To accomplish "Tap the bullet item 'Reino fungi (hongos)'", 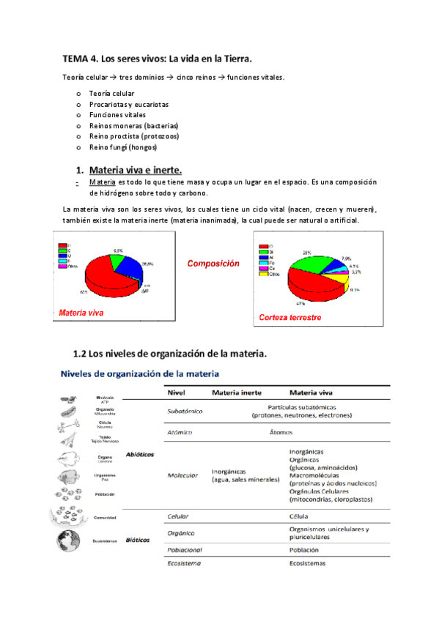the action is (x=117, y=146).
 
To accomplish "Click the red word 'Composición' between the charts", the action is (x=213, y=263).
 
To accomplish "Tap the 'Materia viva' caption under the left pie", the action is (x=81, y=313).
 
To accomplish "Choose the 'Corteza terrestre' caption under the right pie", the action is (x=290, y=318).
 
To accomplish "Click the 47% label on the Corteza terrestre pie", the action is (x=300, y=302).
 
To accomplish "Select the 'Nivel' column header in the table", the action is (x=177, y=392).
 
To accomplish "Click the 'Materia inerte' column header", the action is (x=236, y=392).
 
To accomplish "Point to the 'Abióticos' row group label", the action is (x=140, y=454).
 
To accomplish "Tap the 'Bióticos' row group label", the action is (x=137, y=540).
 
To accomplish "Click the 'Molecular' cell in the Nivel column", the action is (x=182, y=475).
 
